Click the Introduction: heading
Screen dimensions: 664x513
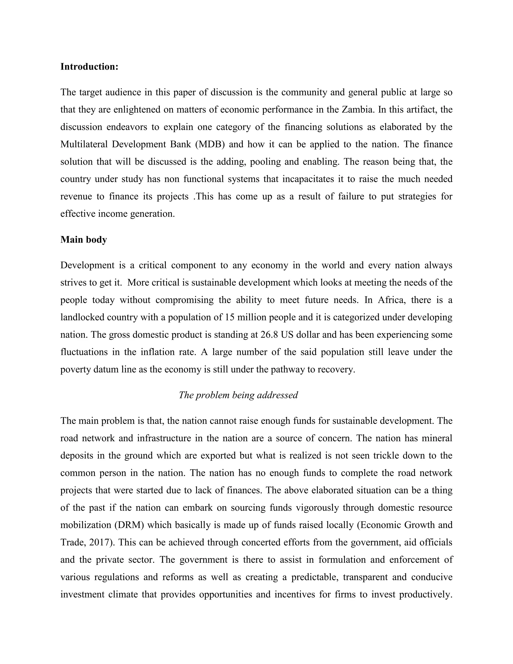pos(89,67)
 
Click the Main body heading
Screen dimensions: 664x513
pos(84,240)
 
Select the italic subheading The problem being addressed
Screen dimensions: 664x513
pos(238,395)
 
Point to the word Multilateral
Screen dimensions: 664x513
pos(84,144)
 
